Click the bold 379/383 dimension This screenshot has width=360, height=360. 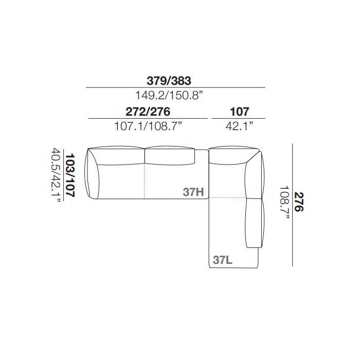(169, 81)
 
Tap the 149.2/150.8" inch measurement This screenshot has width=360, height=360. (169, 95)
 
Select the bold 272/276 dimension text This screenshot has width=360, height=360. (148, 112)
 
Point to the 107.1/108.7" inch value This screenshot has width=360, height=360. (148, 126)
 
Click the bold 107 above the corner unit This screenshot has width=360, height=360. (240, 112)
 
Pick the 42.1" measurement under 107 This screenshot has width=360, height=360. (240, 126)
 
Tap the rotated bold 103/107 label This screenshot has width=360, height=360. (70, 175)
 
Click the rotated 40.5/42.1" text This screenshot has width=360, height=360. (56, 176)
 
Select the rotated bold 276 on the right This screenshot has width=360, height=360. (299, 202)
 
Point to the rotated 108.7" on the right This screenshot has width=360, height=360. (285, 203)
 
